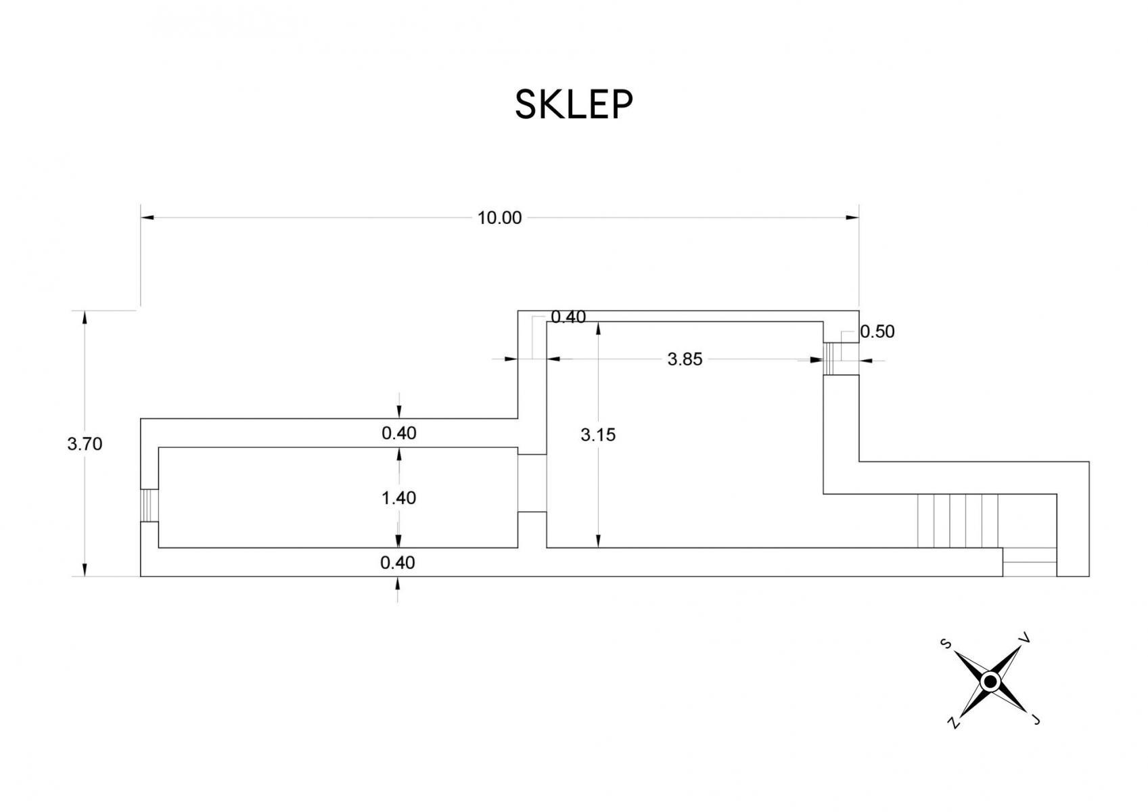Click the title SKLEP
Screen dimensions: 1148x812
coord(574,105)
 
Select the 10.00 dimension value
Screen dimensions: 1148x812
coord(500,218)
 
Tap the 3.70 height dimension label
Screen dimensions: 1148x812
coord(85,444)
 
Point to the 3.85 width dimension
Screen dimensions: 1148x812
coord(685,359)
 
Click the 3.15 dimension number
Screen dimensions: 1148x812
coord(598,435)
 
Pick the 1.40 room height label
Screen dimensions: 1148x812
coord(398,498)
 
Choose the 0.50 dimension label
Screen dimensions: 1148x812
coord(877,332)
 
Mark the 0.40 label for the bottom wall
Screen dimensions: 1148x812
coord(398,563)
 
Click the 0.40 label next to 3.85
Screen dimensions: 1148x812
coord(568,317)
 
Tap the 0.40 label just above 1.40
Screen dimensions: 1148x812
coord(398,433)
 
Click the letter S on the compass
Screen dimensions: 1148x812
coord(946,644)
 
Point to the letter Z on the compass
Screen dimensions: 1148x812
coord(953,723)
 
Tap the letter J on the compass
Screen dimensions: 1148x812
coord(1035,719)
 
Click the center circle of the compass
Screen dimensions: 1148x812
coord(990,682)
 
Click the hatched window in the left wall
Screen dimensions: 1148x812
coord(150,505)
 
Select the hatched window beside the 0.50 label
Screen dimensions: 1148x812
coord(832,359)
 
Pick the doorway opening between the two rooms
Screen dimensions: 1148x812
coord(532,483)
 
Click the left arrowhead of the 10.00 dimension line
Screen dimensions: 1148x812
coord(147,218)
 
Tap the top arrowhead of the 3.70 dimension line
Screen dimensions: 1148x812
coord(85,318)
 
